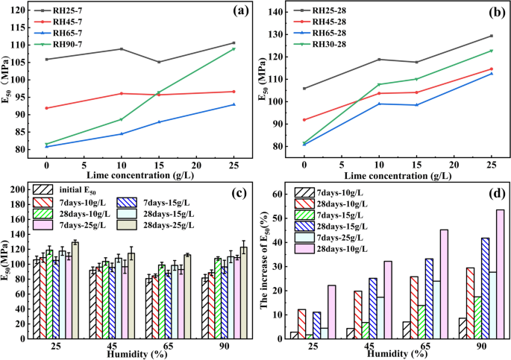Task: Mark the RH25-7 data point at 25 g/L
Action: pos(233,43)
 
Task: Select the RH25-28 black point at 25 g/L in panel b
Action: pos(491,36)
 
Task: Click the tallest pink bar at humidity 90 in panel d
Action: pos(500,274)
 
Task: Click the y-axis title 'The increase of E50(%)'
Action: pos(263,265)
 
